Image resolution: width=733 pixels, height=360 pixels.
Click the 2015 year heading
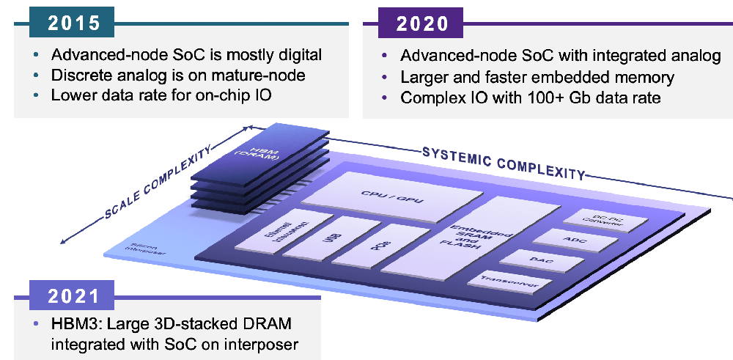[x=74, y=23]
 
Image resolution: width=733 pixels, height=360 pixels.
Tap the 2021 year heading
[x=73, y=296]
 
